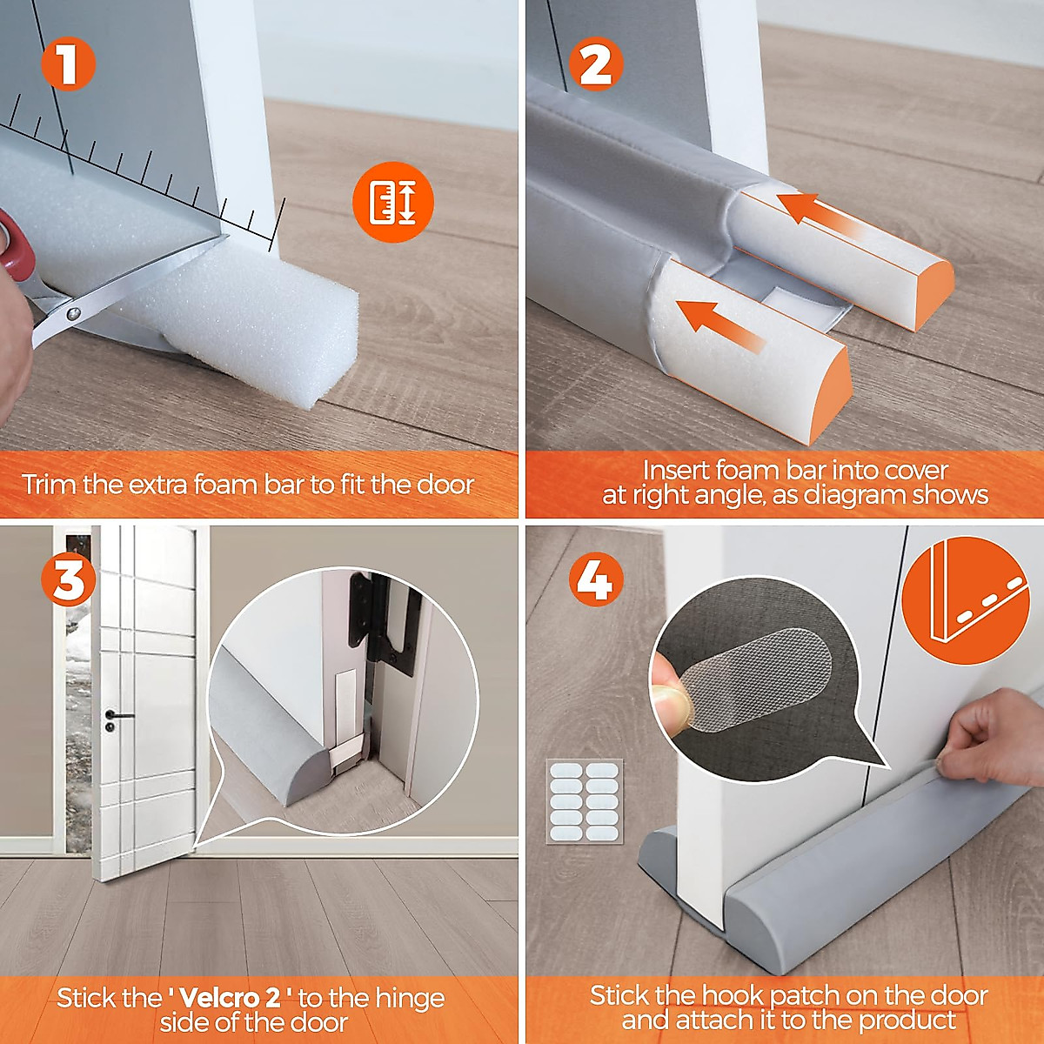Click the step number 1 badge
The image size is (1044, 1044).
click(68, 63)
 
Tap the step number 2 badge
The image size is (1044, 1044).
click(596, 63)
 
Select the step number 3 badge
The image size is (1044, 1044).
click(68, 581)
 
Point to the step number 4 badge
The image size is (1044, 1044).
click(596, 581)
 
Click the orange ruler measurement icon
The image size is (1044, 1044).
click(392, 203)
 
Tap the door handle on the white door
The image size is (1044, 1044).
click(117, 717)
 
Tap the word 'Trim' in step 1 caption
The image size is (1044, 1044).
click(50, 485)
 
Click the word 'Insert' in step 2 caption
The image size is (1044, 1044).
click(676, 471)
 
